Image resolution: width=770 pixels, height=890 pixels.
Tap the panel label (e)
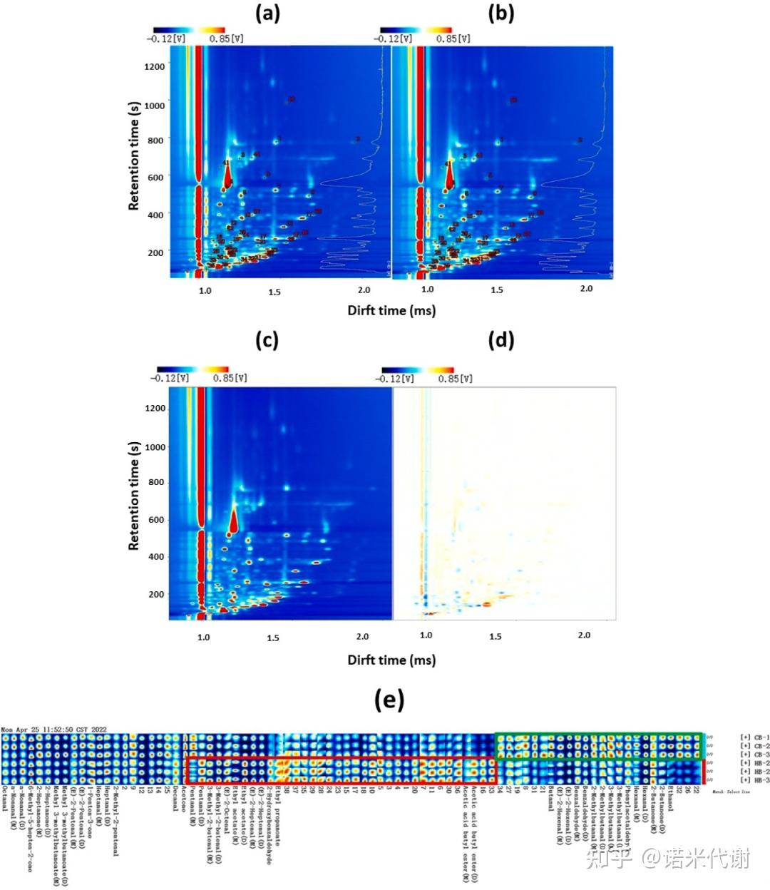[389, 700]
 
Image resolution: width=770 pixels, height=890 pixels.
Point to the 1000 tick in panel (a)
[155, 106]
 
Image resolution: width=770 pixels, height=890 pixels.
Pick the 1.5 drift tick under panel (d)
[496, 636]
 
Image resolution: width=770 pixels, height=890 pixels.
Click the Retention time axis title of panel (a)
[134, 155]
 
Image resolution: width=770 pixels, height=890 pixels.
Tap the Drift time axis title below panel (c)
[391, 660]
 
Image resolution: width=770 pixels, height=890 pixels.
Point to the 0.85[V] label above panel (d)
[455, 379]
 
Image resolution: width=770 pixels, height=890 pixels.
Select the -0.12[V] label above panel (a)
[166, 39]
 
